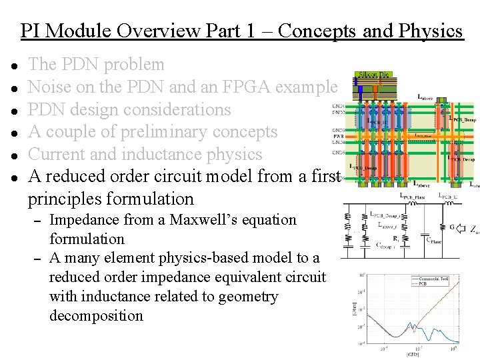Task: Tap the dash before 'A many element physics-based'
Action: tap(38, 259)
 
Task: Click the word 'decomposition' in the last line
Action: tap(96, 315)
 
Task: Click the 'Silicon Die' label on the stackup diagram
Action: tap(374, 75)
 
